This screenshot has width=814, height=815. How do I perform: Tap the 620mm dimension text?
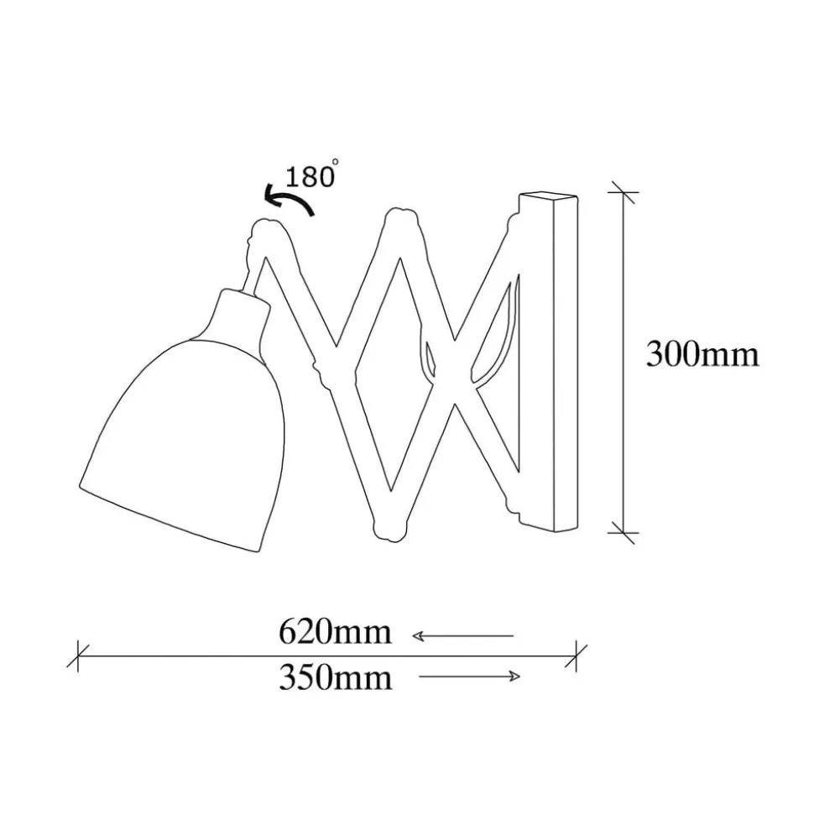tap(335, 631)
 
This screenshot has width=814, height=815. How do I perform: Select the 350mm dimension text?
tap(335, 677)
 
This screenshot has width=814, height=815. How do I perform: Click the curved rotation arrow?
tap(288, 201)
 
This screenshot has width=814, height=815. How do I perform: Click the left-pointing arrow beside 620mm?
tap(462, 636)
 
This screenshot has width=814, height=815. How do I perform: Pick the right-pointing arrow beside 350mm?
tap(470, 677)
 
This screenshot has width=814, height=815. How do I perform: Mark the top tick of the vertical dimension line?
tap(622, 192)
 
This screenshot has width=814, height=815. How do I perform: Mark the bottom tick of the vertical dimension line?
tap(622, 531)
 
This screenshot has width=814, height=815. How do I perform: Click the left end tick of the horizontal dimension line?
tap(78, 655)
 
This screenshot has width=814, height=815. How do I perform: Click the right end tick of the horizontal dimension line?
tap(577, 655)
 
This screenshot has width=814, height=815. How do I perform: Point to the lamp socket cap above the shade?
tap(240, 311)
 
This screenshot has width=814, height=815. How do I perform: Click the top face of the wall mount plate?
tap(550, 199)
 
